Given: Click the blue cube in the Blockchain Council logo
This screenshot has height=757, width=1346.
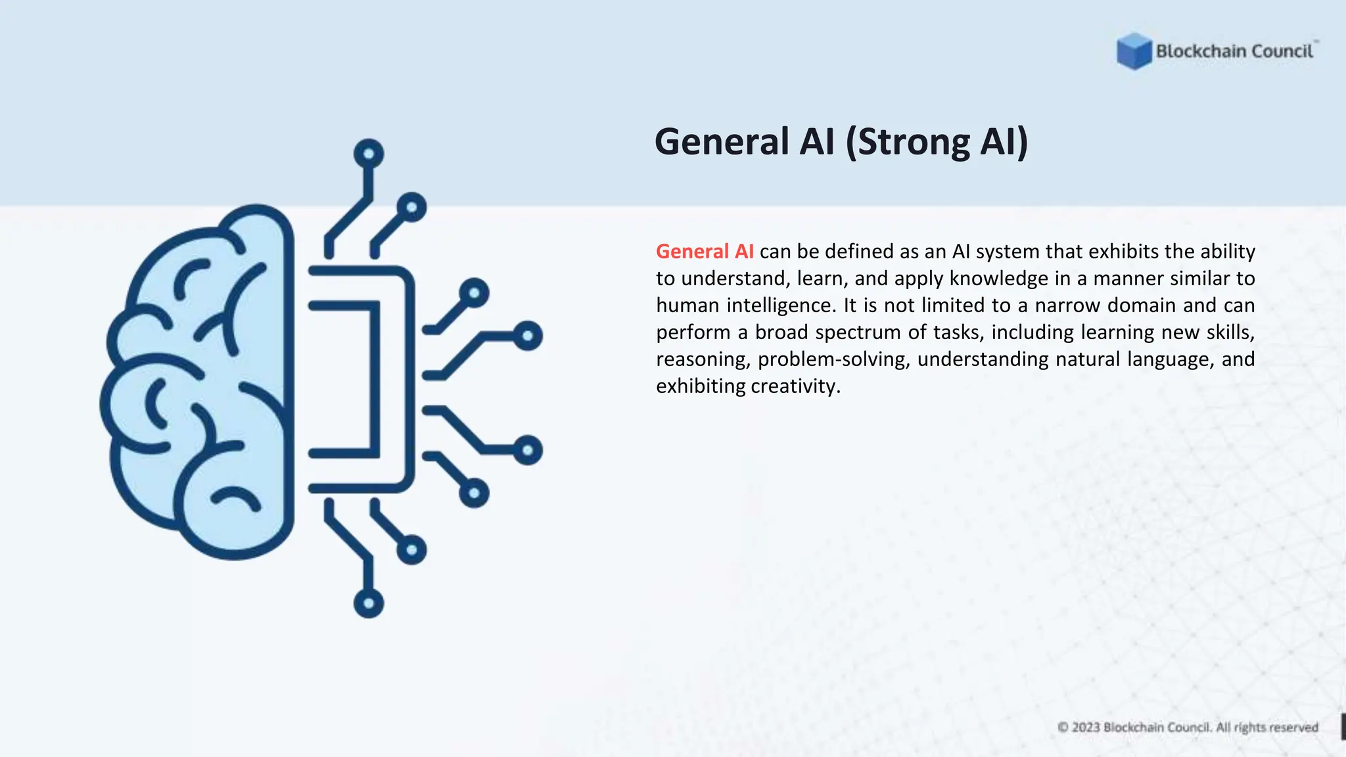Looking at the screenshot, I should [x=1134, y=51].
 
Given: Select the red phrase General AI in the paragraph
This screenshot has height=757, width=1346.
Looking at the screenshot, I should [x=705, y=252].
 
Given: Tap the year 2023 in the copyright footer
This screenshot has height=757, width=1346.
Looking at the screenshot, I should [x=1086, y=727].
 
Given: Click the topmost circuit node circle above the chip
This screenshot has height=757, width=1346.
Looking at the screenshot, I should [x=369, y=154].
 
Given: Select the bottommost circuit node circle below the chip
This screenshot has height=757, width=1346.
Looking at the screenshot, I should [x=369, y=603].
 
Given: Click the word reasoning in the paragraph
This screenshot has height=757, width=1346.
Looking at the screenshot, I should [x=703, y=359].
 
